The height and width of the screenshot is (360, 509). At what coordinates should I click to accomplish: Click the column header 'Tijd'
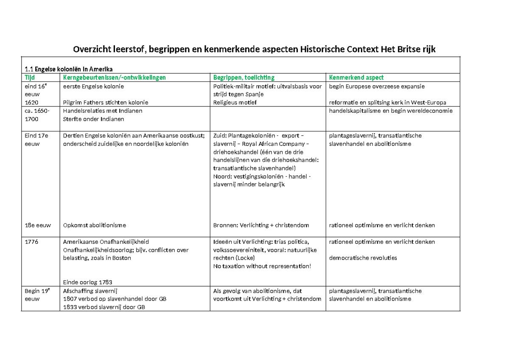(x=30, y=78)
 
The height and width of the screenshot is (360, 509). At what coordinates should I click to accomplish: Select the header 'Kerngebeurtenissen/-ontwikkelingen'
(x=114, y=78)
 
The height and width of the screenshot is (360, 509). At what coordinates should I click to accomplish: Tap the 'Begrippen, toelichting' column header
(x=244, y=78)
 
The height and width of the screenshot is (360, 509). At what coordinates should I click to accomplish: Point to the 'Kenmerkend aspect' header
(x=356, y=78)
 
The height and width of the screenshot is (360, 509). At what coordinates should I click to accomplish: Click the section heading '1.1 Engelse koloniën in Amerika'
(x=69, y=70)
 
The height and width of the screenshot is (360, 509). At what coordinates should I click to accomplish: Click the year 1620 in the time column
(x=31, y=102)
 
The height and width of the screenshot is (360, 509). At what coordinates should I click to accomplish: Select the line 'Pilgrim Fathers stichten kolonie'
(x=106, y=102)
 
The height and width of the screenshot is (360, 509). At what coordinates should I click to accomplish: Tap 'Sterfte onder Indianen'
(x=93, y=119)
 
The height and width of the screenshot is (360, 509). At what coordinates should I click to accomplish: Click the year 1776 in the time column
(x=31, y=242)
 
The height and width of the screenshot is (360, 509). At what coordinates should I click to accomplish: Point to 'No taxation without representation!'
(x=262, y=266)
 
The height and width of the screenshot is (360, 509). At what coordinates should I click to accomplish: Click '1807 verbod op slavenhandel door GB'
(x=115, y=299)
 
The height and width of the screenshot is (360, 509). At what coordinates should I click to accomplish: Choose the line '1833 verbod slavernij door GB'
(x=104, y=307)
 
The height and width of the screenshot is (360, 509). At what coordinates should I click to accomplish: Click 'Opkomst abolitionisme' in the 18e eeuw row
(x=94, y=225)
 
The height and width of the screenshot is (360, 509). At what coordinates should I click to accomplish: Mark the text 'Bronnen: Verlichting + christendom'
(x=261, y=225)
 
